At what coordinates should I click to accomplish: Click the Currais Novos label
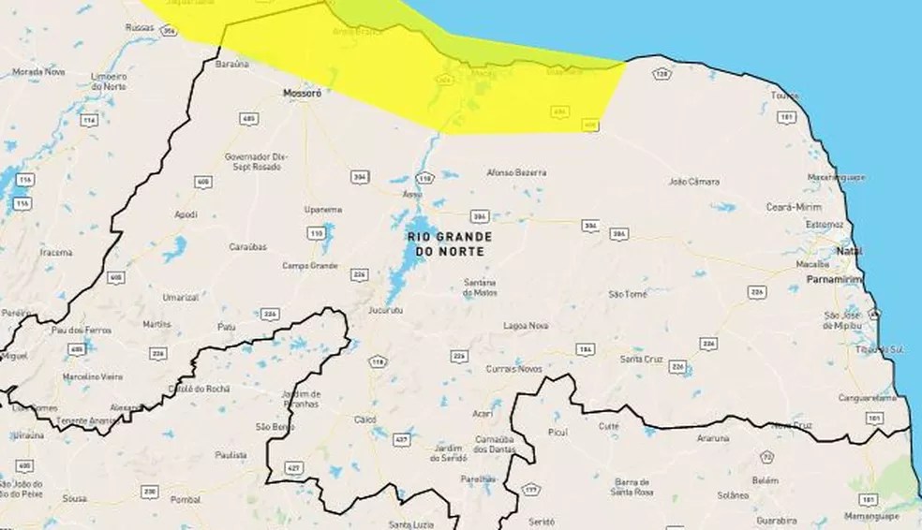510,370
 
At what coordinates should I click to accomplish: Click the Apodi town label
186,214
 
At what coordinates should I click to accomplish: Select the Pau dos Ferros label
82,330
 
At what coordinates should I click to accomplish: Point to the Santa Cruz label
643,359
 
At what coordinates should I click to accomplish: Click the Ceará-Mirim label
793,206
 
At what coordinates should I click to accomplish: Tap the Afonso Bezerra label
517,172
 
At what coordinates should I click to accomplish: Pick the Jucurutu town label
384,308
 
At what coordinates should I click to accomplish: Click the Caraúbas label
248,247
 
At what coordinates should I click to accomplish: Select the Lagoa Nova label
526,325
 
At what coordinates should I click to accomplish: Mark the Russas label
139,28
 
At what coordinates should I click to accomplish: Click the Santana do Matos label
479,287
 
